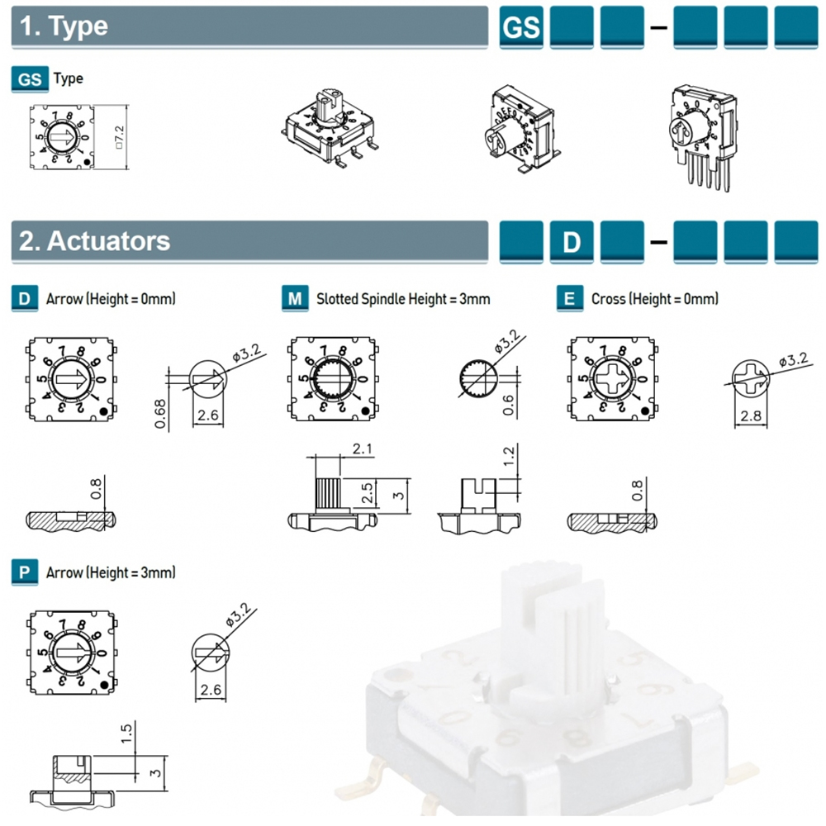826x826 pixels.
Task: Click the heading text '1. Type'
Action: tap(64, 26)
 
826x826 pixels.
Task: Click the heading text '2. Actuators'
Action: tap(95, 241)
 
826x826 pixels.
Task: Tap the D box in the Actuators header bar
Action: tap(572, 242)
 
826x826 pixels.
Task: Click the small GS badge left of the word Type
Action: tap(30, 79)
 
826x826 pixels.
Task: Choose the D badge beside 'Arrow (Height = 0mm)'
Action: tap(25, 298)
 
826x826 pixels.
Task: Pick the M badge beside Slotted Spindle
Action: tap(295, 298)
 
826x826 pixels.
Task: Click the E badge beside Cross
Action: tap(569, 298)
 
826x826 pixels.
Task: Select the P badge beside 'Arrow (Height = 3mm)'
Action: tap(25, 572)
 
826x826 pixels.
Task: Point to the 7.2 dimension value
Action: tap(119, 137)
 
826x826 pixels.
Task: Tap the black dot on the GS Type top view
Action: tap(88, 164)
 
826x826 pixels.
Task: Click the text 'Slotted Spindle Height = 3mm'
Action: tap(403, 298)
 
